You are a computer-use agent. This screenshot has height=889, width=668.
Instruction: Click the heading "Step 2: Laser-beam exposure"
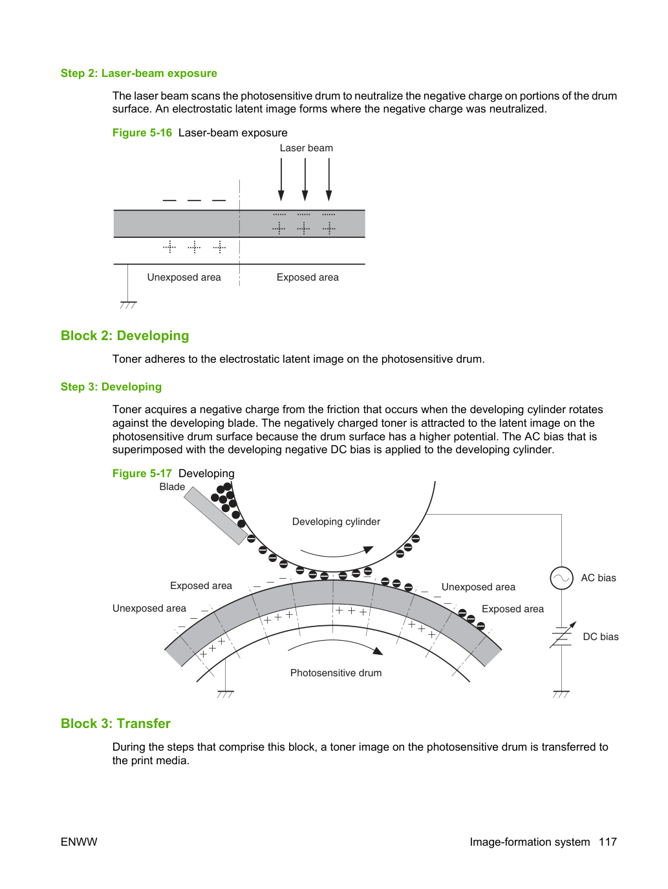pos(138,73)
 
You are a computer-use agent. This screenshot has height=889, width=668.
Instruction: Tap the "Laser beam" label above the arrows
pos(307,148)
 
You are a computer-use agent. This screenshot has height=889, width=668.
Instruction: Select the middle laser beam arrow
pos(305,179)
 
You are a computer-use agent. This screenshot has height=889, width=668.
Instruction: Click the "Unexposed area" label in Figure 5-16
pos(184,277)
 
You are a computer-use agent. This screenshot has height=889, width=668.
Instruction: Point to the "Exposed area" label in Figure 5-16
pos(307,277)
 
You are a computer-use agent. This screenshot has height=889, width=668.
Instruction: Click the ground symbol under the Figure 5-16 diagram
pos(128,305)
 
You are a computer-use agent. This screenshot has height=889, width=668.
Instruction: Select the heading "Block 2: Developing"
pos(125,336)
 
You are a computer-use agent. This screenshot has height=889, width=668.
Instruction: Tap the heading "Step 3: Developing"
pos(111,387)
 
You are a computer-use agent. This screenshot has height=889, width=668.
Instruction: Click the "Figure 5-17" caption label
pos(142,473)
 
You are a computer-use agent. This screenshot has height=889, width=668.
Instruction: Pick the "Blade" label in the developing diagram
pos(172,487)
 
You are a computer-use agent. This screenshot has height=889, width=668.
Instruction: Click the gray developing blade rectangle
pos(215,515)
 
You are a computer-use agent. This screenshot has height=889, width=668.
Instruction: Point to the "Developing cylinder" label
pos(336,522)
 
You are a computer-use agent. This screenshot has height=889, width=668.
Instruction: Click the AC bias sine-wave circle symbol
pos(561,578)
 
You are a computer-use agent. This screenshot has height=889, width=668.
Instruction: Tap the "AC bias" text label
pos(598,578)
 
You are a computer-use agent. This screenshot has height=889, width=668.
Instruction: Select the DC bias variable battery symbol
pos(562,636)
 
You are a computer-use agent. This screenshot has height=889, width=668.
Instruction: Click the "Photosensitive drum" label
pos(336,672)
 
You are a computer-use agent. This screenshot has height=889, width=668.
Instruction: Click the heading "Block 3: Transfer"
pos(116,723)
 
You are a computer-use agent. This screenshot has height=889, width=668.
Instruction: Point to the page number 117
pos(608,842)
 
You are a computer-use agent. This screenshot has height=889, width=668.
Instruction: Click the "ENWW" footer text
pos(79,842)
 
